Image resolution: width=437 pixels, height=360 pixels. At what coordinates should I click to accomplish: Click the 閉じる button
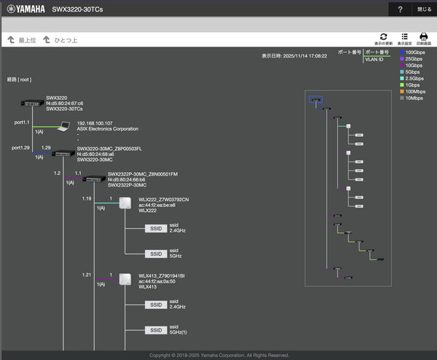coord(424,9)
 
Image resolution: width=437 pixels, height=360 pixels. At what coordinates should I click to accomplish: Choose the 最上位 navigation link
coord(21,39)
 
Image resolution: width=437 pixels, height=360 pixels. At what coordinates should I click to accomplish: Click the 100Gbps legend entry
coord(413,52)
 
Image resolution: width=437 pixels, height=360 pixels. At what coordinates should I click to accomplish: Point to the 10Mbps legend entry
coord(413,98)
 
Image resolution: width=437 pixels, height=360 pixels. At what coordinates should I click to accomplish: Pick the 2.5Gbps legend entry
coord(413,78)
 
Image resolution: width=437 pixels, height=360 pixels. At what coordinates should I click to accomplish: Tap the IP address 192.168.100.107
coord(95,123)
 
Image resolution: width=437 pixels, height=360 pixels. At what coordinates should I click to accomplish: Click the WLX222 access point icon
coord(125,202)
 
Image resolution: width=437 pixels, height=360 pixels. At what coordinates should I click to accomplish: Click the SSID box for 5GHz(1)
coord(155,330)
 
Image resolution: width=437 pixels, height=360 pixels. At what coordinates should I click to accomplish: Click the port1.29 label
coord(20,147)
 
